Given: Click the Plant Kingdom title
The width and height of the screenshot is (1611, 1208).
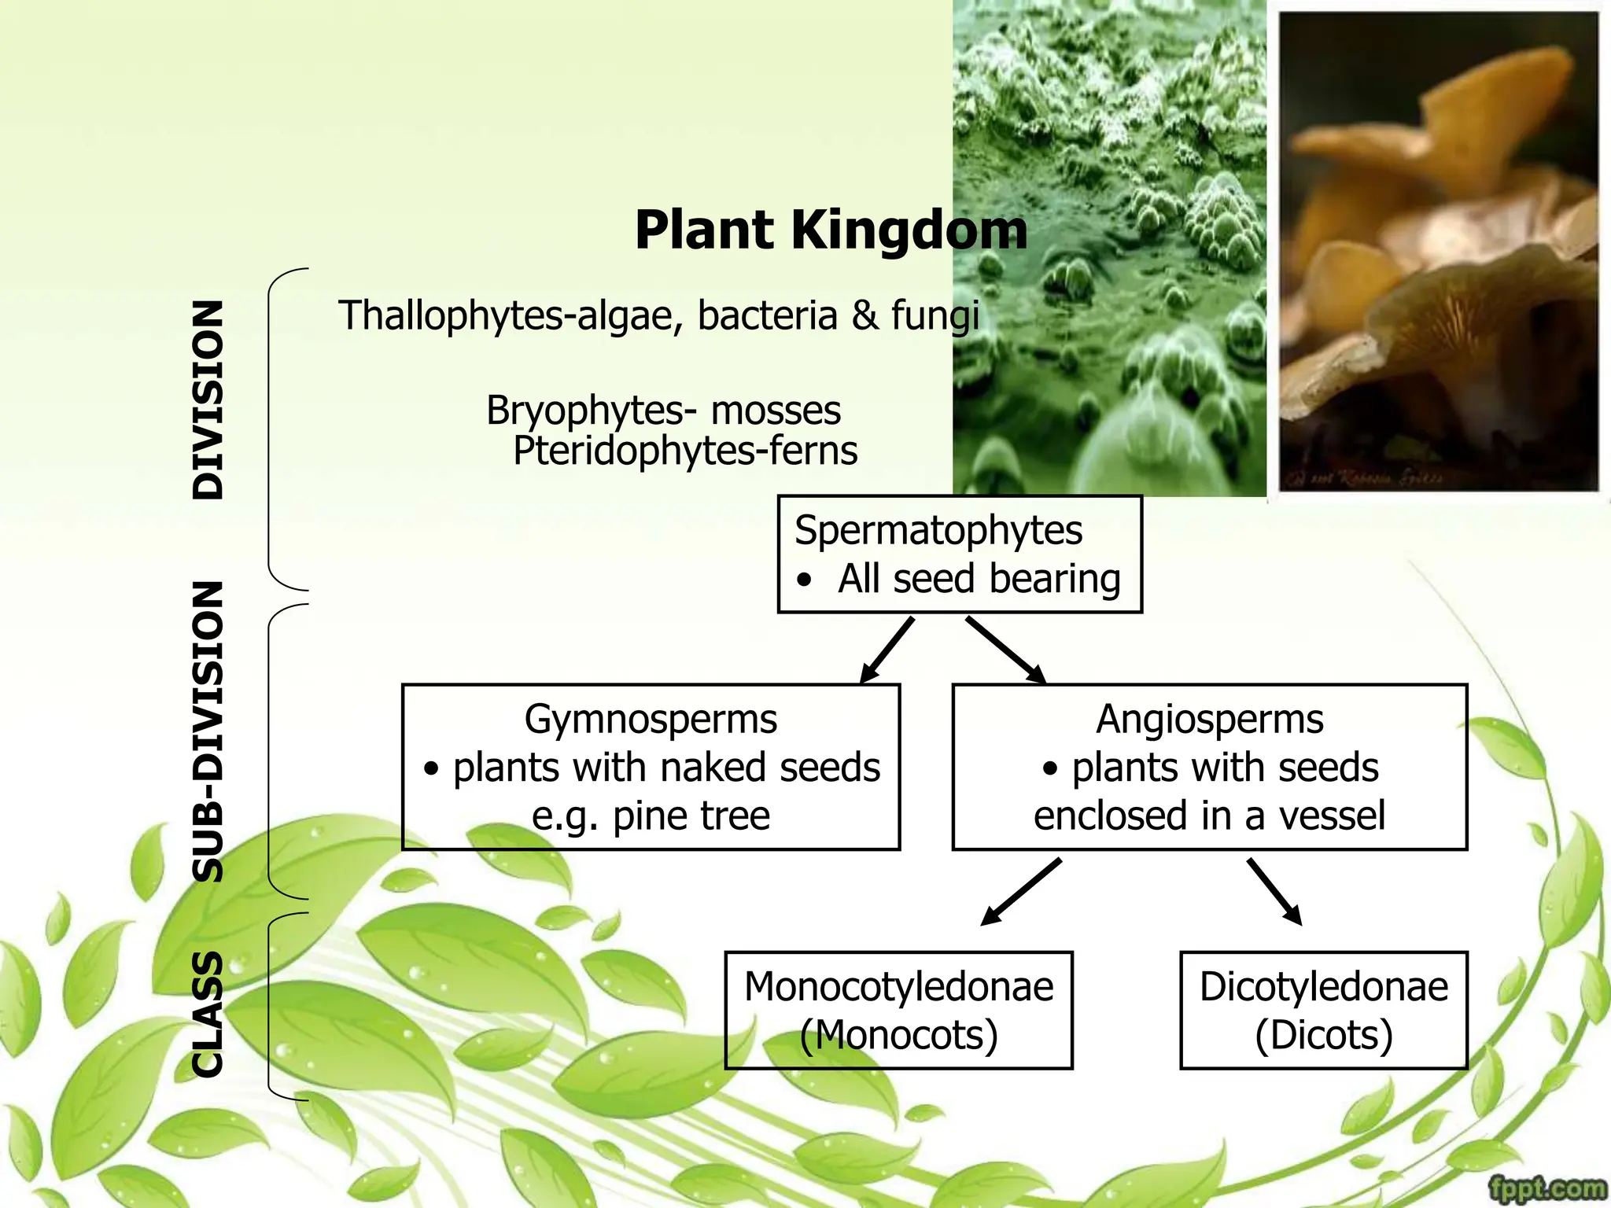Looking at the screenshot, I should tap(831, 230).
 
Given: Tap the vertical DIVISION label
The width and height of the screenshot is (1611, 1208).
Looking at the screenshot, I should tap(208, 400).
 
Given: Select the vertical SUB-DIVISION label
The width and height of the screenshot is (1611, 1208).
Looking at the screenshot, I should tap(208, 731).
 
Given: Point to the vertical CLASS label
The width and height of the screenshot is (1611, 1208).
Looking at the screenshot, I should tap(208, 1014).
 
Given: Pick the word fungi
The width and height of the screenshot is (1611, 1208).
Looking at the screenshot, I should tap(935, 315).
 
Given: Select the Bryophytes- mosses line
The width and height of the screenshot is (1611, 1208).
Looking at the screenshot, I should tap(663, 411).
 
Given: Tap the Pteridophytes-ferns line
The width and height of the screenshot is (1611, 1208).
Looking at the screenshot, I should tap(684, 451).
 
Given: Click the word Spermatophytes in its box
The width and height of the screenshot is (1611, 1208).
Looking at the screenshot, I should tap(938, 530).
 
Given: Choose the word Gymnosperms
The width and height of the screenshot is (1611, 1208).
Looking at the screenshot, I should tap(651, 719).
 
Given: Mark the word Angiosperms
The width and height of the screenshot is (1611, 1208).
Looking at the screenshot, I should tap(1209, 719).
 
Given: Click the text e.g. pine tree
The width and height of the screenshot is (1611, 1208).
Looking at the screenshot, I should tap(651, 816).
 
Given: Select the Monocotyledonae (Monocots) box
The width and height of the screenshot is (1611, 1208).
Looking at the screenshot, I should tap(898, 1010).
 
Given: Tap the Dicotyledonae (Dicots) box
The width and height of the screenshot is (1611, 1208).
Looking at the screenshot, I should tap(1323, 1010).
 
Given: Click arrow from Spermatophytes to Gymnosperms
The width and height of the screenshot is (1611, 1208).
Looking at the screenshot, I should tap(887, 650).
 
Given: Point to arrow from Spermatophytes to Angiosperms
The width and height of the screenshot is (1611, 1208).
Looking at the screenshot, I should tap(1006, 650).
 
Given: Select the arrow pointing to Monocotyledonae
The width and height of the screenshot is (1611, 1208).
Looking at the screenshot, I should tap(1021, 891).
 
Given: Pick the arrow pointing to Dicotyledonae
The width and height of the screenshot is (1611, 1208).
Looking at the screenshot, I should tap(1274, 891).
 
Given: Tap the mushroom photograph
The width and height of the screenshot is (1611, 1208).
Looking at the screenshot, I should tap(1438, 252).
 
